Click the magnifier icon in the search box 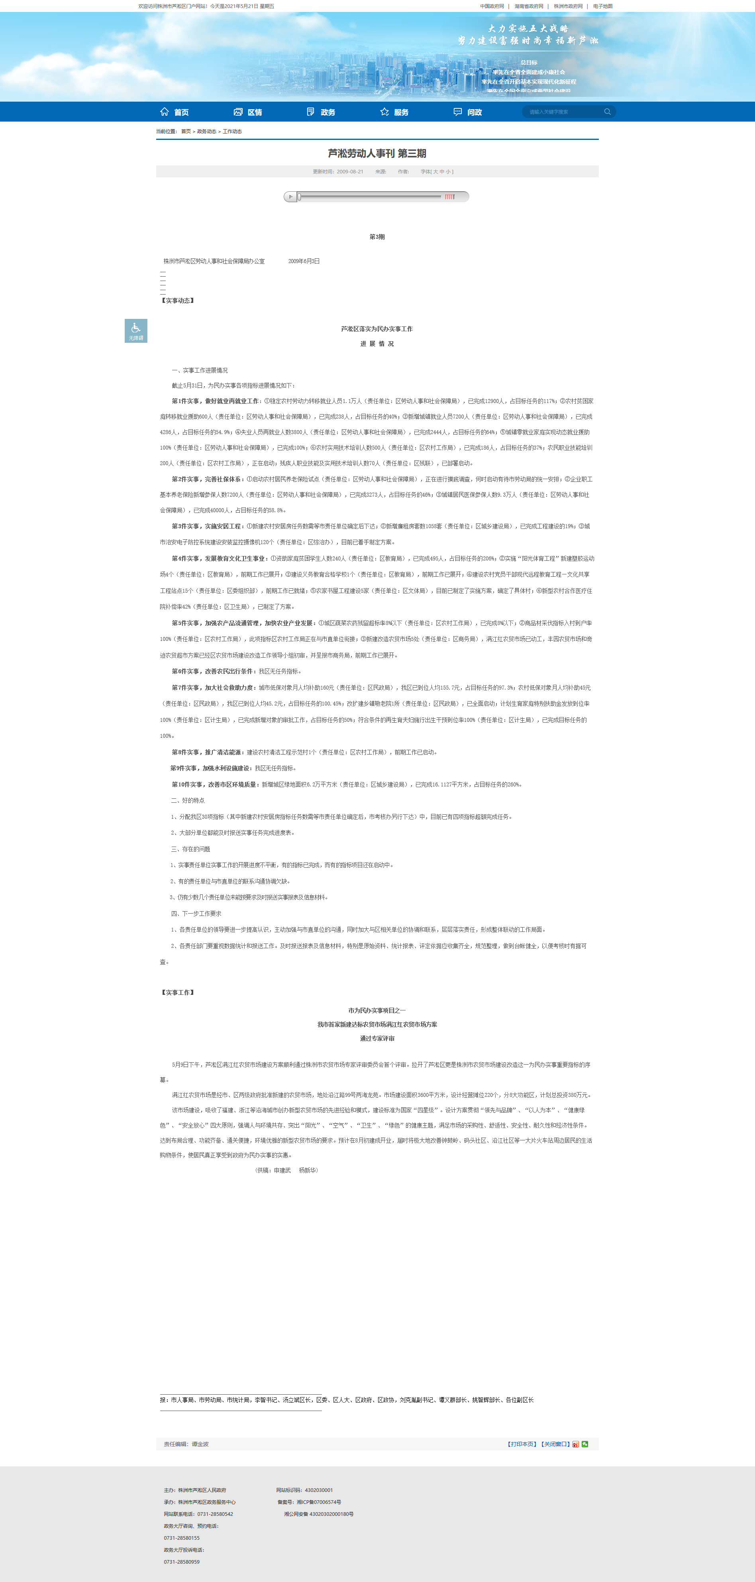pyautogui.click(x=607, y=112)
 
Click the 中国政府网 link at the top pyautogui.click(x=492, y=6)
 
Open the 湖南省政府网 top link pyautogui.click(x=528, y=6)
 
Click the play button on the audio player pyautogui.click(x=290, y=197)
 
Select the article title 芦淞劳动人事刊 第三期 pyautogui.click(x=377, y=153)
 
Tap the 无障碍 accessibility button pyautogui.click(x=135, y=330)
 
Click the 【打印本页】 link pyautogui.click(x=522, y=1444)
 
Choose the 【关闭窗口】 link pyautogui.click(x=555, y=1444)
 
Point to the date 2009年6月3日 pyautogui.click(x=304, y=261)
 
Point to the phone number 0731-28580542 pyautogui.click(x=215, y=1514)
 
